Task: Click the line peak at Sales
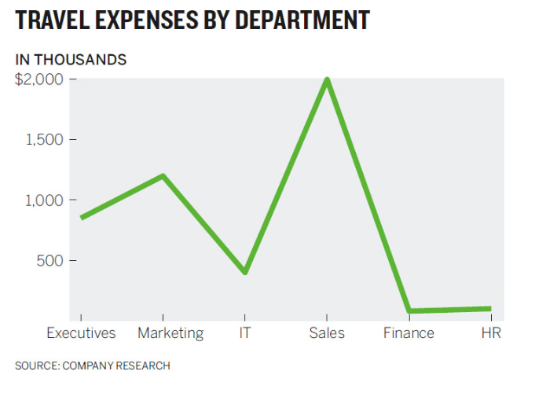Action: click(x=327, y=79)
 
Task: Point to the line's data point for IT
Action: click(x=245, y=272)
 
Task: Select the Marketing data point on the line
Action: click(x=163, y=175)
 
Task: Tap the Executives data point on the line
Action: click(x=82, y=218)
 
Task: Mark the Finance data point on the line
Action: click(x=409, y=311)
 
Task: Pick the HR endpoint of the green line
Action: click(x=490, y=309)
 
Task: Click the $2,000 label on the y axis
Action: click(x=39, y=79)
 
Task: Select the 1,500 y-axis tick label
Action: click(x=45, y=140)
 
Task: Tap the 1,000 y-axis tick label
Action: click(x=45, y=200)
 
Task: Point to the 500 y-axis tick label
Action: click(x=50, y=260)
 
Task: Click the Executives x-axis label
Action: click(x=81, y=333)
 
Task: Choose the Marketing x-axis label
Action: click(x=170, y=333)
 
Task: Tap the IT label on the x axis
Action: click(x=245, y=333)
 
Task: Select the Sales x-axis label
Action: click(x=327, y=333)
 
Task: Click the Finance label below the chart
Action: click(x=409, y=333)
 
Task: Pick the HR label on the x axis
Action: click(x=491, y=333)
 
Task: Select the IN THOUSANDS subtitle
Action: click(x=71, y=60)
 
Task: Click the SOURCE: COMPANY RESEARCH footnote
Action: click(x=93, y=365)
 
